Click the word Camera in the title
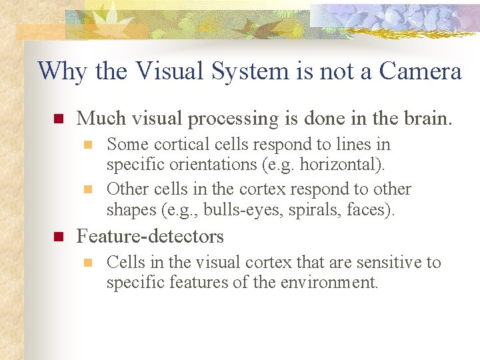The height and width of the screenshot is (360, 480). pyautogui.click(x=421, y=71)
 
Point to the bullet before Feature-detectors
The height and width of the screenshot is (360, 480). pyautogui.click(x=57, y=237)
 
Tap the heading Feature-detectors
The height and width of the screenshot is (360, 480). pyautogui.click(x=151, y=236)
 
